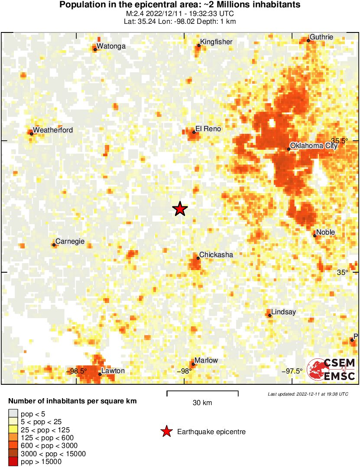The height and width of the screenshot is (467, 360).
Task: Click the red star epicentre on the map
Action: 180,209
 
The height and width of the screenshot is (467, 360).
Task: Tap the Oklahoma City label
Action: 313,146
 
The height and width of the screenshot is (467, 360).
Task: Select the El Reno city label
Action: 208,129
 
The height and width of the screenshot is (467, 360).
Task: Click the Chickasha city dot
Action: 198,258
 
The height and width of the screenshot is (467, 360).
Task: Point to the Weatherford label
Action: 53,130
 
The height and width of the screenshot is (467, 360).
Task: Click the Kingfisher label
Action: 216,42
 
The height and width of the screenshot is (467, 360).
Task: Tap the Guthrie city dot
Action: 308,41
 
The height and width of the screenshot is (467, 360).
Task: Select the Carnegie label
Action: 70,242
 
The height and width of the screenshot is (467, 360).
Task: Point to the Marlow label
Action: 206,361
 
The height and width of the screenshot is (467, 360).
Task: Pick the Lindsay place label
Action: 283,312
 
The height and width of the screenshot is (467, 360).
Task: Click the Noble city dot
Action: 315,236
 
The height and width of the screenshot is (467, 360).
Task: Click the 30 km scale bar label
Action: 202,403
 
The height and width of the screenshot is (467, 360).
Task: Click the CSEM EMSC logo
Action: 331,370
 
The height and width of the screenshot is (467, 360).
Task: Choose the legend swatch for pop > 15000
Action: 13,462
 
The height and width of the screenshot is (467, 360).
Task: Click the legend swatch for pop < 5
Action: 13,414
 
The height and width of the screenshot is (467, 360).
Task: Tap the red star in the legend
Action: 166,432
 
